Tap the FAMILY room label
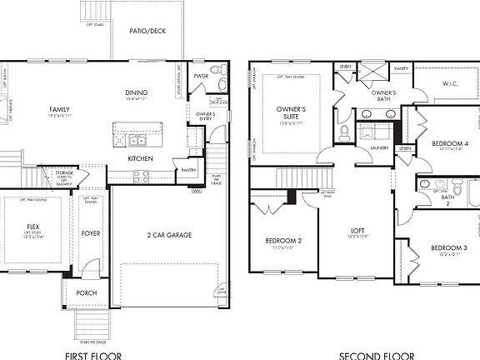pyautogui.click(x=58, y=109)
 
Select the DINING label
pyautogui.click(x=137, y=92)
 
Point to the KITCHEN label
pyautogui.click(x=139, y=158)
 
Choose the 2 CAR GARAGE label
pyautogui.click(x=169, y=235)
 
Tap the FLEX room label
pyautogui.click(x=33, y=226)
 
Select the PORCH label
pyautogui.click(x=86, y=292)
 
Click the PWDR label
pyautogui.click(x=201, y=76)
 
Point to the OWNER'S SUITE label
pyautogui.click(x=291, y=112)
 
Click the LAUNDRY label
pyautogui.click(x=381, y=147)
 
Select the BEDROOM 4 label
pyautogui.click(x=449, y=143)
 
